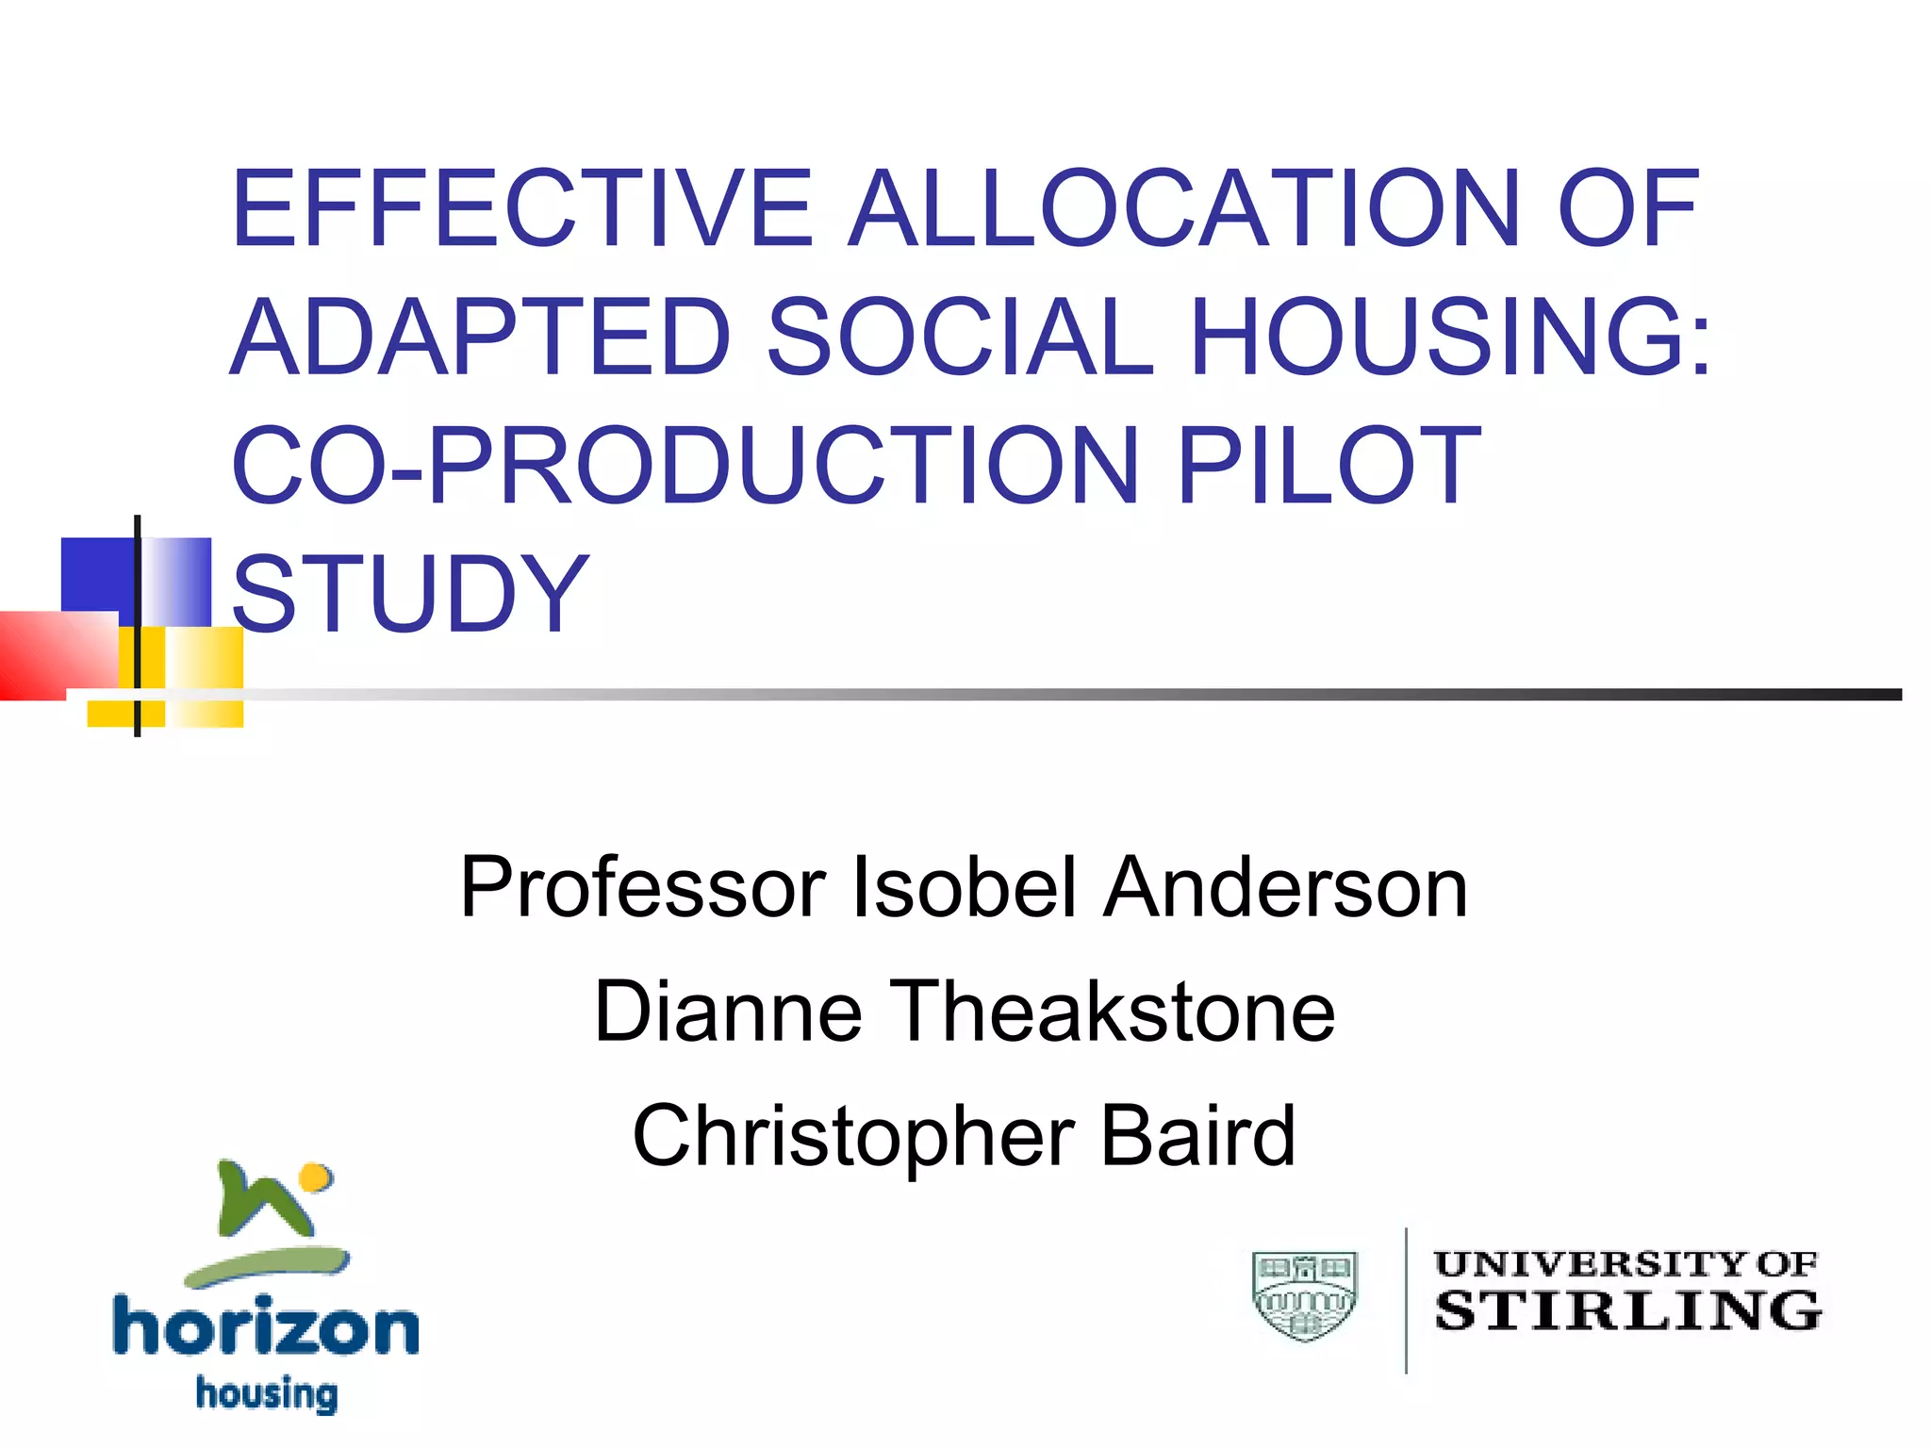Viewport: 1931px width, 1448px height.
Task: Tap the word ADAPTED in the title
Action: pyautogui.click(x=481, y=337)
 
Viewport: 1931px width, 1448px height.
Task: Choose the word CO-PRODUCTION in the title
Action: pyautogui.click(x=685, y=465)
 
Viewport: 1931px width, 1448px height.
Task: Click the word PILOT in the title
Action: pyautogui.click(x=1329, y=465)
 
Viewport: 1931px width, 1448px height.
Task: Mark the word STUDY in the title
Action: pyautogui.click(x=410, y=593)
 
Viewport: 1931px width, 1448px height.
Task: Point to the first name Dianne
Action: pyautogui.click(x=728, y=1012)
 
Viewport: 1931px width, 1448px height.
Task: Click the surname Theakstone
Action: pyautogui.click(x=1113, y=1012)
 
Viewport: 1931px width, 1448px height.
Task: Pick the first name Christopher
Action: pyautogui.click(x=854, y=1136)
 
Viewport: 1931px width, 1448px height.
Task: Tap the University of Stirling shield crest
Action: pyautogui.click(x=1304, y=1296)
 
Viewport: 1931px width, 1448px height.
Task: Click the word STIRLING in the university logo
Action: pyautogui.click(x=1628, y=1311)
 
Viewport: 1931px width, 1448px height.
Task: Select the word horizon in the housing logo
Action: pyautogui.click(x=266, y=1327)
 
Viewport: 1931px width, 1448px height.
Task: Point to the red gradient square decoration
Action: pyautogui.click(x=58, y=654)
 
